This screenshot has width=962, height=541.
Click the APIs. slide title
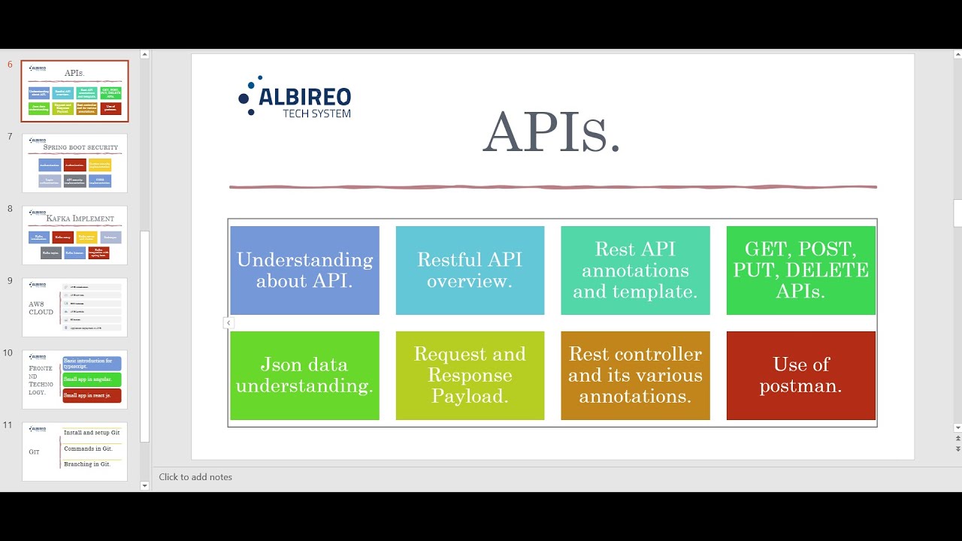point(551,132)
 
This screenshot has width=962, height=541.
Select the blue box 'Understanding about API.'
point(304,270)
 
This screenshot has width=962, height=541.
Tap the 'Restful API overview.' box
point(470,270)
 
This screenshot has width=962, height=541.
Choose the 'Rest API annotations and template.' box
point(635,270)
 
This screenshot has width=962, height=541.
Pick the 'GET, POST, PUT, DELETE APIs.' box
point(800,270)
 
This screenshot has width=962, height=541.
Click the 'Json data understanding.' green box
point(304,375)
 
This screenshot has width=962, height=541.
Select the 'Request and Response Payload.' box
point(470,375)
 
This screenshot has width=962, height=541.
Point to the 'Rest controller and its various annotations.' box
point(635,375)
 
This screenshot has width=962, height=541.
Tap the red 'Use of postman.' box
point(800,375)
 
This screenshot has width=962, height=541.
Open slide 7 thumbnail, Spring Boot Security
point(74,163)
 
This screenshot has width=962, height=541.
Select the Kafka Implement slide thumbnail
point(74,235)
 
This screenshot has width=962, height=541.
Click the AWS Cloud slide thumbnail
point(74,307)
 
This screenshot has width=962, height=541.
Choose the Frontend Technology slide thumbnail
point(74,379)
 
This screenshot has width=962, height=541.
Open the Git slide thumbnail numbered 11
point(74,452)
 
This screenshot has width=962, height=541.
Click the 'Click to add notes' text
point(195,477)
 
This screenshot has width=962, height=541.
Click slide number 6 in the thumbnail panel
point(74,91)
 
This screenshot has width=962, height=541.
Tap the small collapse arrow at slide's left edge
point(228,323)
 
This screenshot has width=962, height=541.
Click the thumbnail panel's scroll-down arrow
point(144,486)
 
